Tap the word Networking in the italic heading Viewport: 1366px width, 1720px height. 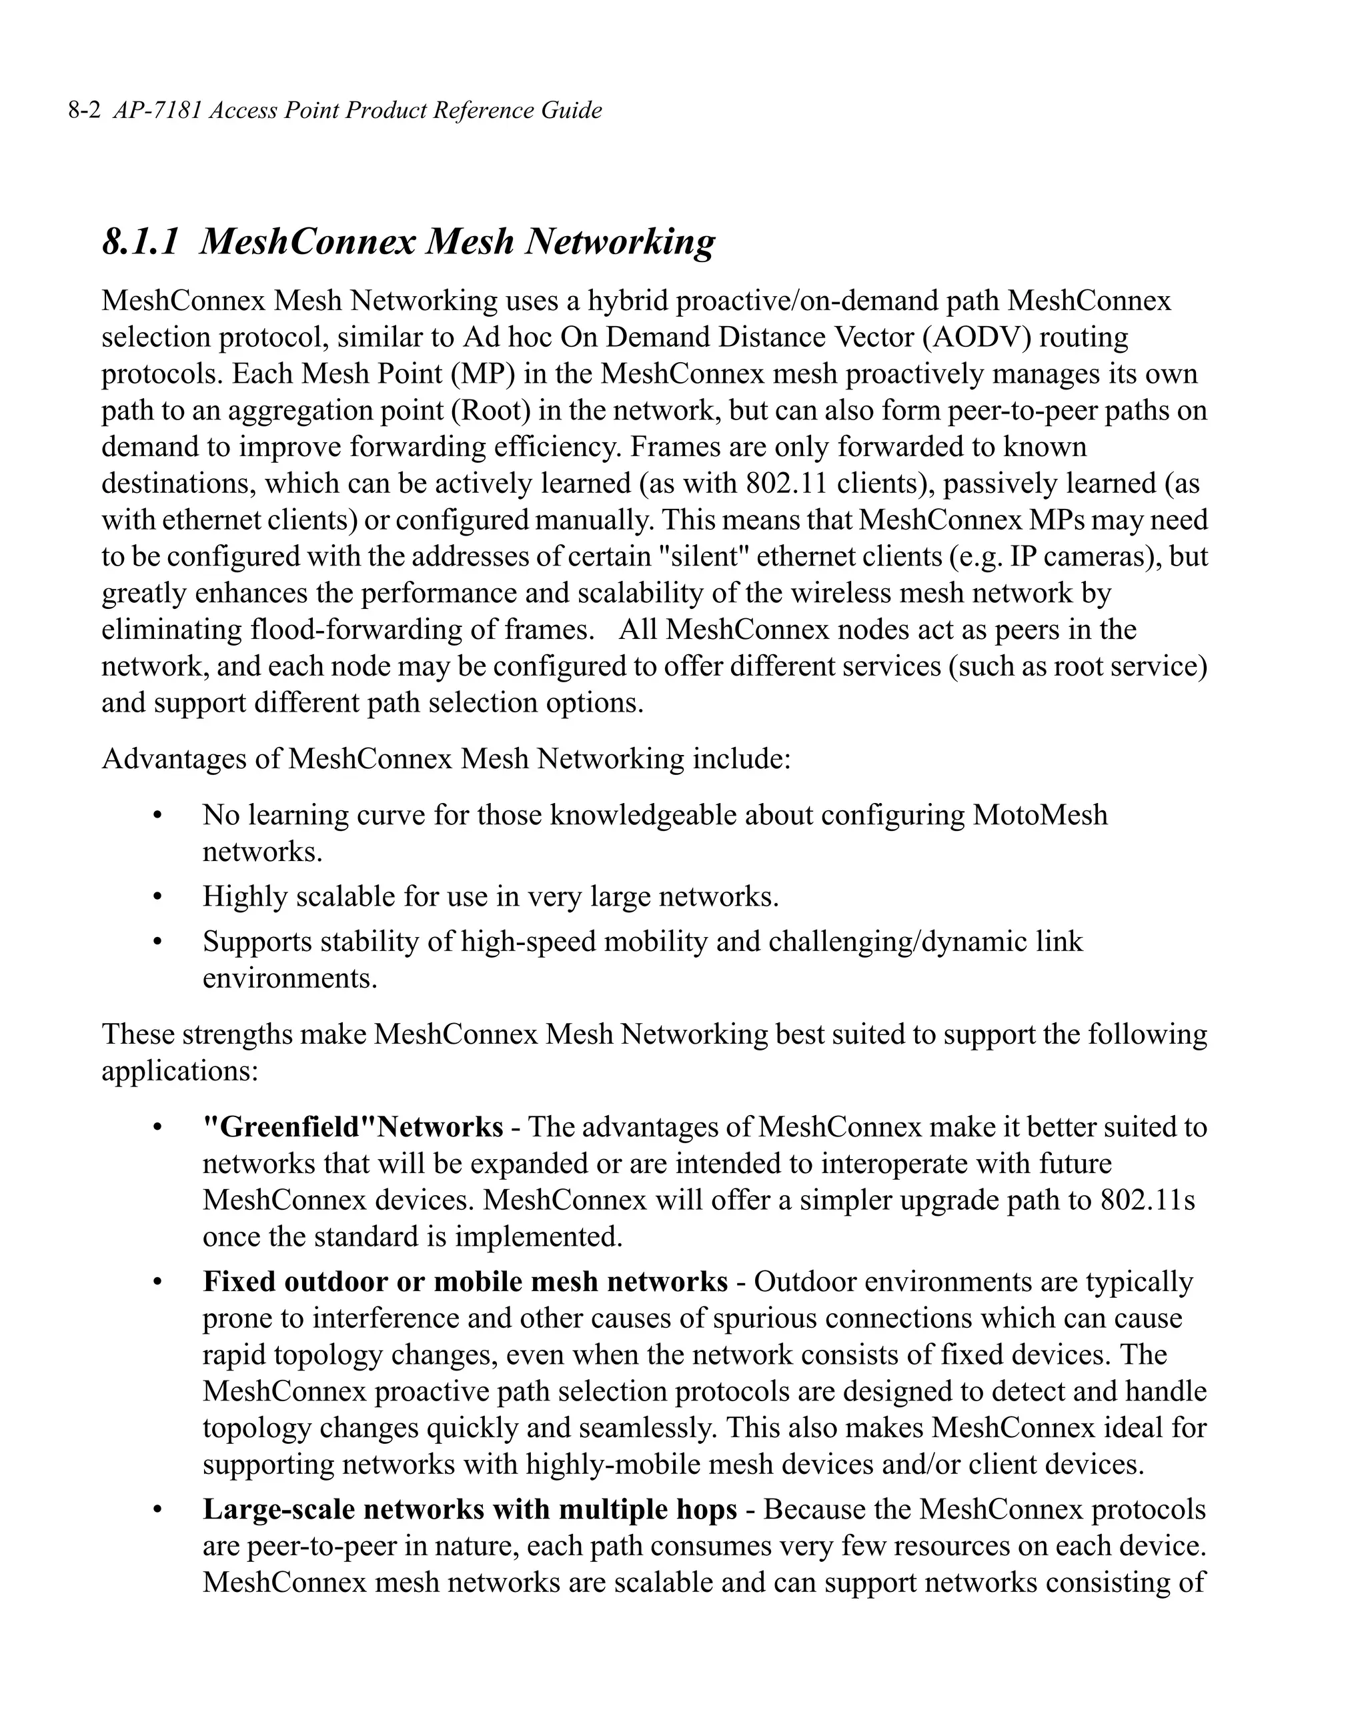619,241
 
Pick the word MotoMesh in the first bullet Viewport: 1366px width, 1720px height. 1040,816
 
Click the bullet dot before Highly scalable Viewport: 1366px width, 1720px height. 157,898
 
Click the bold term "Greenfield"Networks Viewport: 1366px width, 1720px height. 352,1127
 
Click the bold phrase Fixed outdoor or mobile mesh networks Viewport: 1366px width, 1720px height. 464,1282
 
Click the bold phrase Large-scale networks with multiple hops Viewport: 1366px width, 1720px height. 469,1509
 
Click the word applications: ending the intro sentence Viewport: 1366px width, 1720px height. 179,1070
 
